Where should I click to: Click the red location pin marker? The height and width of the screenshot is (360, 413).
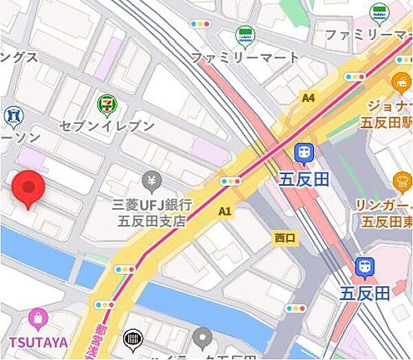pos(28,187)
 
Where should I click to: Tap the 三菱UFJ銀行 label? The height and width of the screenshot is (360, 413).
pos(151,205)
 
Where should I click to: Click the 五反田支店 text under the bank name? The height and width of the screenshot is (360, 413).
pos(151,222)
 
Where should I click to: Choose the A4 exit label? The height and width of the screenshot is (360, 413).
pos(308,98)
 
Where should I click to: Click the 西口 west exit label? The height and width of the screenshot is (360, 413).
pos(285,238)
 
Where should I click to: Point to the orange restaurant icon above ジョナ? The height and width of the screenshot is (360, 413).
pos(401,84)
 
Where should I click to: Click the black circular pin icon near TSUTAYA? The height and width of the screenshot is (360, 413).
pos(132,339)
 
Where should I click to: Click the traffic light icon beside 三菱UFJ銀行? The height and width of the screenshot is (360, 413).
pos(231,182)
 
